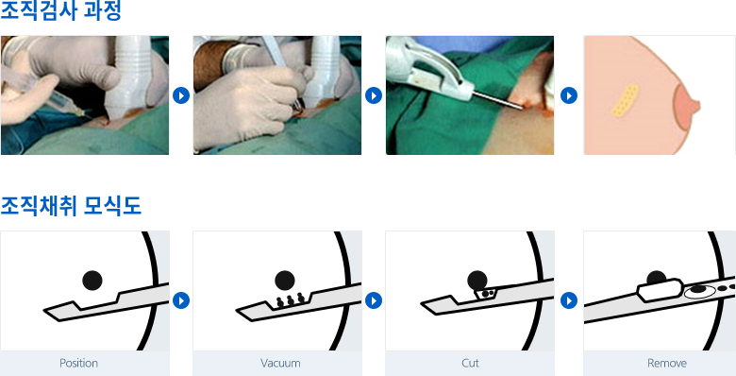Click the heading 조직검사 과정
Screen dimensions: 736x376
pos(60,10)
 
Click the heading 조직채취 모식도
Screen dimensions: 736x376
pos(71,205)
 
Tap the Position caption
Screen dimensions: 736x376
pos(78,364)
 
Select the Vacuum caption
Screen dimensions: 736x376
pos(280,364)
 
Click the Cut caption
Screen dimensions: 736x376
pos(470,364)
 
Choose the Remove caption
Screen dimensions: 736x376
pos(666,364)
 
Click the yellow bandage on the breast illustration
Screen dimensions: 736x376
pos(626,100)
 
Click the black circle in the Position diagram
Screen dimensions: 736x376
pos(92,281)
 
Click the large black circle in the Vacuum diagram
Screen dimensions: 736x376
pos(284,281)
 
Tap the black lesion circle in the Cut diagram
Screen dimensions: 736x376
pos(477,281)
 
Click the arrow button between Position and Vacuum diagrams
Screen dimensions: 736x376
pos(181,300)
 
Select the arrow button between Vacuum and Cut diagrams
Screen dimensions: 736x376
pos(374,300)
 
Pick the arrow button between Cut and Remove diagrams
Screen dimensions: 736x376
pos(569,300)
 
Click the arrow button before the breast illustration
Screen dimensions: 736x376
pos(569,95)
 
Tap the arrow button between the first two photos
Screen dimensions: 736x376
pos(181,95)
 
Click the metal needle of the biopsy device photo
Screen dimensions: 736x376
pos(497,100)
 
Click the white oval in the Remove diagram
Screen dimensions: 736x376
pos(699,291)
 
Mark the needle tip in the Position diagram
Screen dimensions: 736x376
pos(45,310)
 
